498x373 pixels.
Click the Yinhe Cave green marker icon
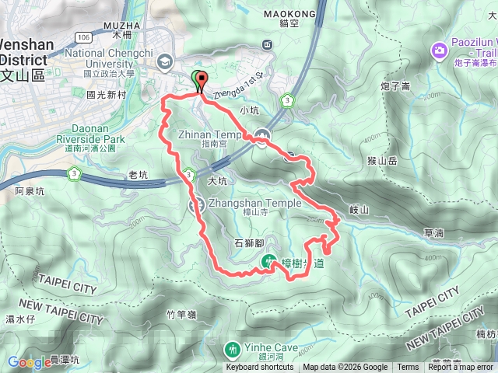click(232, 347)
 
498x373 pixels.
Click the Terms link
click(407, 368)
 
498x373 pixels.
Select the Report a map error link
click(461, 368)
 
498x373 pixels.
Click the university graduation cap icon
click(165, 61)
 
